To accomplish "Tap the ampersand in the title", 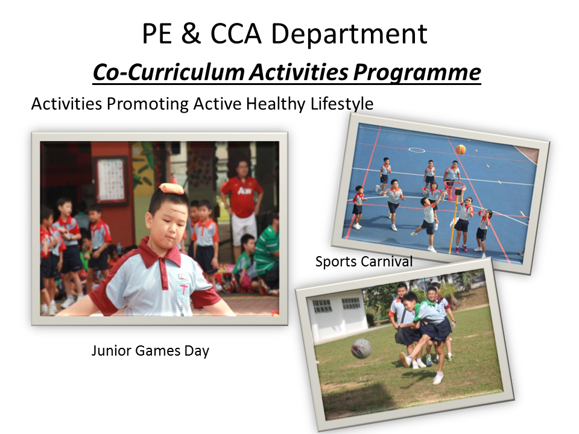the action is pos(191,33).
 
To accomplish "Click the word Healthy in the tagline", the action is pos(276,104).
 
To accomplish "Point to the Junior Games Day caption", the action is pos(150,350).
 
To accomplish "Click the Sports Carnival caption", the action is pos(364,261).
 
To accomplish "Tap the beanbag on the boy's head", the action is pos(172,189).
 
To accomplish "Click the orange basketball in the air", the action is pos(460,149).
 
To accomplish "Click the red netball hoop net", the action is pos(454,189).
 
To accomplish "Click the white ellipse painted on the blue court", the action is pos(417,150).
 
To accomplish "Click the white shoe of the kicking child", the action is pos(438,379).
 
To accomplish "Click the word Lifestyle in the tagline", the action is pos(341,104).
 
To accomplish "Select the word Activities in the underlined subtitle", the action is pos(299,72).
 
